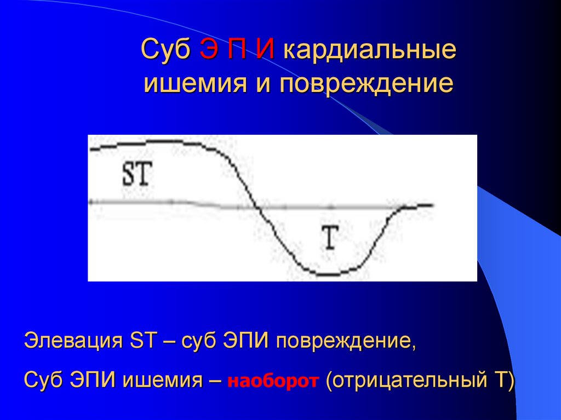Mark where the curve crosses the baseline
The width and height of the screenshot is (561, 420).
pyautogui.click(x=257, y=207)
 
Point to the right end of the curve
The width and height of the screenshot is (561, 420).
pyautogui.click(x=433, y=205)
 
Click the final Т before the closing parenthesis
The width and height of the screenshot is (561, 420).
pyautogui.click(x=502, y=379)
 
